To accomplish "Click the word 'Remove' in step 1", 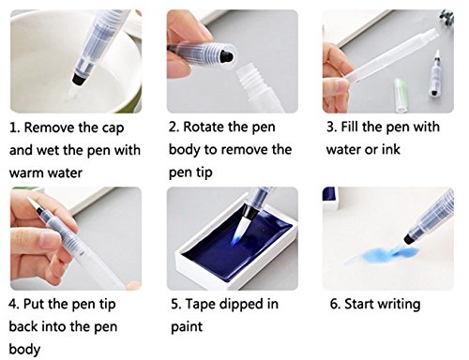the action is click(49, 127).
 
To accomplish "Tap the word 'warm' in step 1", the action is click(26, 172).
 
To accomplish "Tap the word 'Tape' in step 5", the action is click(199, 305).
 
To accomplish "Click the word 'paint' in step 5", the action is click(187, 327).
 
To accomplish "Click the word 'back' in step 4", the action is click(23, 326).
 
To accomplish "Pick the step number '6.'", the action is click(336, 304).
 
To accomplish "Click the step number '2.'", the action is click(174, 127).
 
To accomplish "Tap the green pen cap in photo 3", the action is click(401, 95).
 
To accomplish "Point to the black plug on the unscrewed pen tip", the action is click(226, 56).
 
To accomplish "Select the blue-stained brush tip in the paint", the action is click(240, 230).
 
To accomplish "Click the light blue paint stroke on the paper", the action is click(382, 254).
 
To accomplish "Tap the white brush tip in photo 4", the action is click(32, 203).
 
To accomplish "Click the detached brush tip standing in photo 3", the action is click(435, 73).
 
